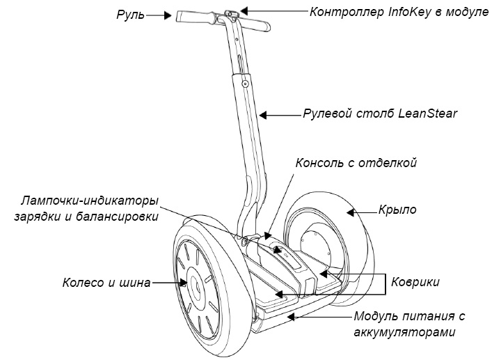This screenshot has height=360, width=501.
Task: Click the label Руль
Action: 131,13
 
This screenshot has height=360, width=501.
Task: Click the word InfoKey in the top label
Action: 403,12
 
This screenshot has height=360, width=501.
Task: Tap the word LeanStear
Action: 425,113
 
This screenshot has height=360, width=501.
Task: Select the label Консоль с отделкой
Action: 356,163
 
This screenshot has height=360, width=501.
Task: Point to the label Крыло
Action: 397,209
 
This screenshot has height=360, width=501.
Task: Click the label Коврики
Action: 415,281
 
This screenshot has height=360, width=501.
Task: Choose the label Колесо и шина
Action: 106,283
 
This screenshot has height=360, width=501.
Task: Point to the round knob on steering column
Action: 245,83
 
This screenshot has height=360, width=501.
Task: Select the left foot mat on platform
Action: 269,279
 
